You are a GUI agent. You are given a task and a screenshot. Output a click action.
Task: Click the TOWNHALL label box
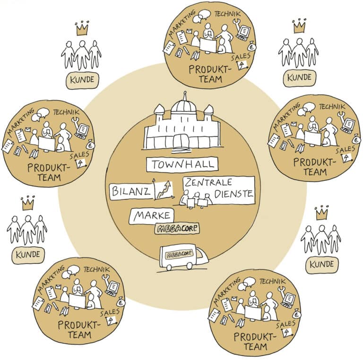pyautogui.click(x=182, y=165)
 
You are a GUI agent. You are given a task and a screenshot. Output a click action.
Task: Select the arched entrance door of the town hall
pyautogui.click(x=182, y=140)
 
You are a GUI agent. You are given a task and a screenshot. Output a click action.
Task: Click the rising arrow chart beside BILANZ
pyautogui.click(x=163, y=190)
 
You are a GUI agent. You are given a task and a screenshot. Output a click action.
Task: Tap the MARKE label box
pyautogui.click(x=152, y=216)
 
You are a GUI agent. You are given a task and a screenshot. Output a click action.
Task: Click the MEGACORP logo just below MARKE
pyautogui.click(x=177, y=229)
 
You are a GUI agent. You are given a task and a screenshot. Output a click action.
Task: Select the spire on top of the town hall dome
pyautogui.click(x=183, y=94)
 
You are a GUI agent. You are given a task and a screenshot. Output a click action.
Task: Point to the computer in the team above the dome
pyautogui.click(x=243, y=34)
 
